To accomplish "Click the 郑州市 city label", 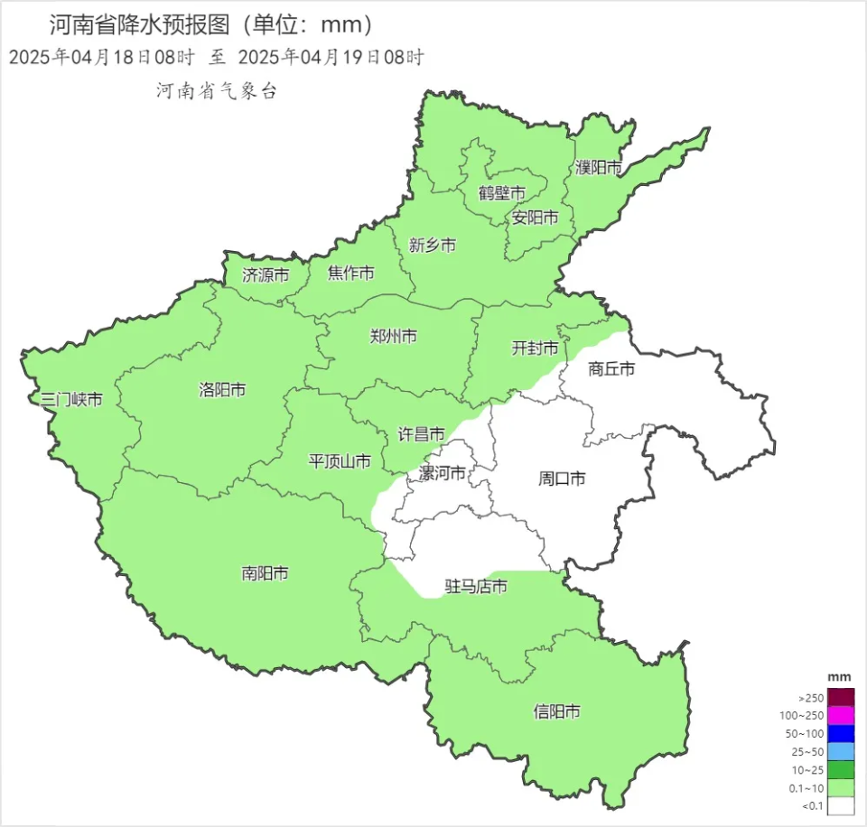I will (394, 337).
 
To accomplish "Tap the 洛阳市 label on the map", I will (222, 390).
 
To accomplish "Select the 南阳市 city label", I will (266, 573).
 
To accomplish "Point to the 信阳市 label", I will (556, 711).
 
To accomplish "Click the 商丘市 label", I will (611, 368).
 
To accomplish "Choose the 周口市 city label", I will (562, 479).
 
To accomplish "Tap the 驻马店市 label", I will (476, 587).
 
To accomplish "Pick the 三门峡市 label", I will (66, 399).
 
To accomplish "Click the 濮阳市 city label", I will (599, 168).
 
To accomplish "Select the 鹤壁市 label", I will (502, 193).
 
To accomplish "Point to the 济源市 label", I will (266, 274).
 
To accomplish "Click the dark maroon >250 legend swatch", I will (841, 698).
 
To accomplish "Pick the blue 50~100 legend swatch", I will (841, 734).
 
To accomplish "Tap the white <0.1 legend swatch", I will (841, 805).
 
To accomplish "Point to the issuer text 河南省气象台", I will (215, 90).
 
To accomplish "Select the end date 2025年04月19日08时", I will (331, 58).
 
